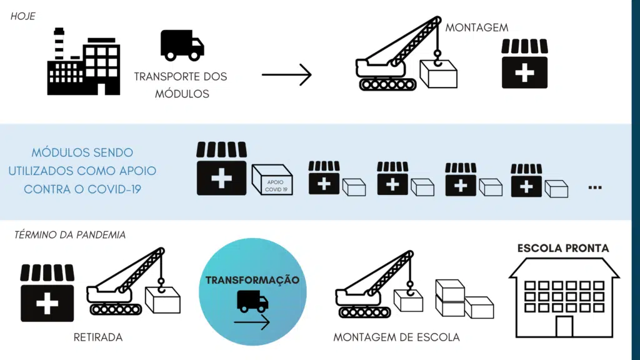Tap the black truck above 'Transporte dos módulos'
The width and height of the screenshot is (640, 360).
pyautogui.click(x=182, y=45)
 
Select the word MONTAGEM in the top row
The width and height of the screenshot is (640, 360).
pyautogui.click(x=477, y=27)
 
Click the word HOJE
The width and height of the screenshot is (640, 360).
pyautogui.click(x=22, y=16)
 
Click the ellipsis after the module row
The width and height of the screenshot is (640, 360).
pyautogui.click(x=595, y=186)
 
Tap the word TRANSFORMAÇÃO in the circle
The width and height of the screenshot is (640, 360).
pyautogui.click(x=252, y=280)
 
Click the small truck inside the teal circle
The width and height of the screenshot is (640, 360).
pyautogui.click(x=252, y=301)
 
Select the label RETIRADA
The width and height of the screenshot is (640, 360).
pyautogui.click(x=98, y=337)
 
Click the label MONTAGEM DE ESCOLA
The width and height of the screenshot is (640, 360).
pyautogui.click(x=396, y=337)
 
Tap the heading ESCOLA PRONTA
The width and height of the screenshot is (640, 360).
pyautogui.click(x=563, y=248)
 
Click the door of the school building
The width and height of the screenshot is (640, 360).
pyautogui.click(x=564, y=326)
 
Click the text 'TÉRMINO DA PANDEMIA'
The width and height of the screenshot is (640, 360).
pyautogui.click(x=69, y=235)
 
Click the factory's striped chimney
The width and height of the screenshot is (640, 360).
pyautogui.click(x=59, y=44)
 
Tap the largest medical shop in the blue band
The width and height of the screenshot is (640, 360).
pyautogui.click(x=221, y=168)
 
